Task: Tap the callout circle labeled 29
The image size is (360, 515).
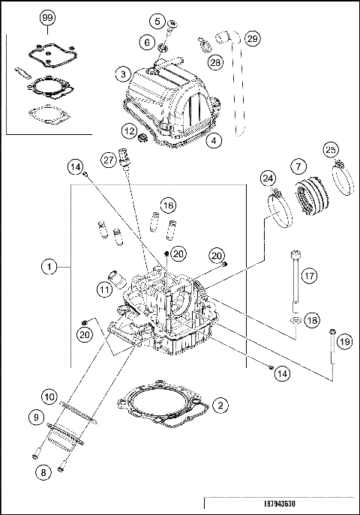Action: pos(252,38)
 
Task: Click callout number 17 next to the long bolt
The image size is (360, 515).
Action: pos(308,275)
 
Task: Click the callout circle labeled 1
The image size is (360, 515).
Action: pos(48,265)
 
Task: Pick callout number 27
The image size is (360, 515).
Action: pos(109,159)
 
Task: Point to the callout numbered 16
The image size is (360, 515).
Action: pos(168,204)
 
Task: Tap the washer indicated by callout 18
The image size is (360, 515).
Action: pos(296,321)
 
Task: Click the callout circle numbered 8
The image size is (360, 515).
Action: pos(43,472)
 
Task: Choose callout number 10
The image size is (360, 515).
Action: pos(48,395)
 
